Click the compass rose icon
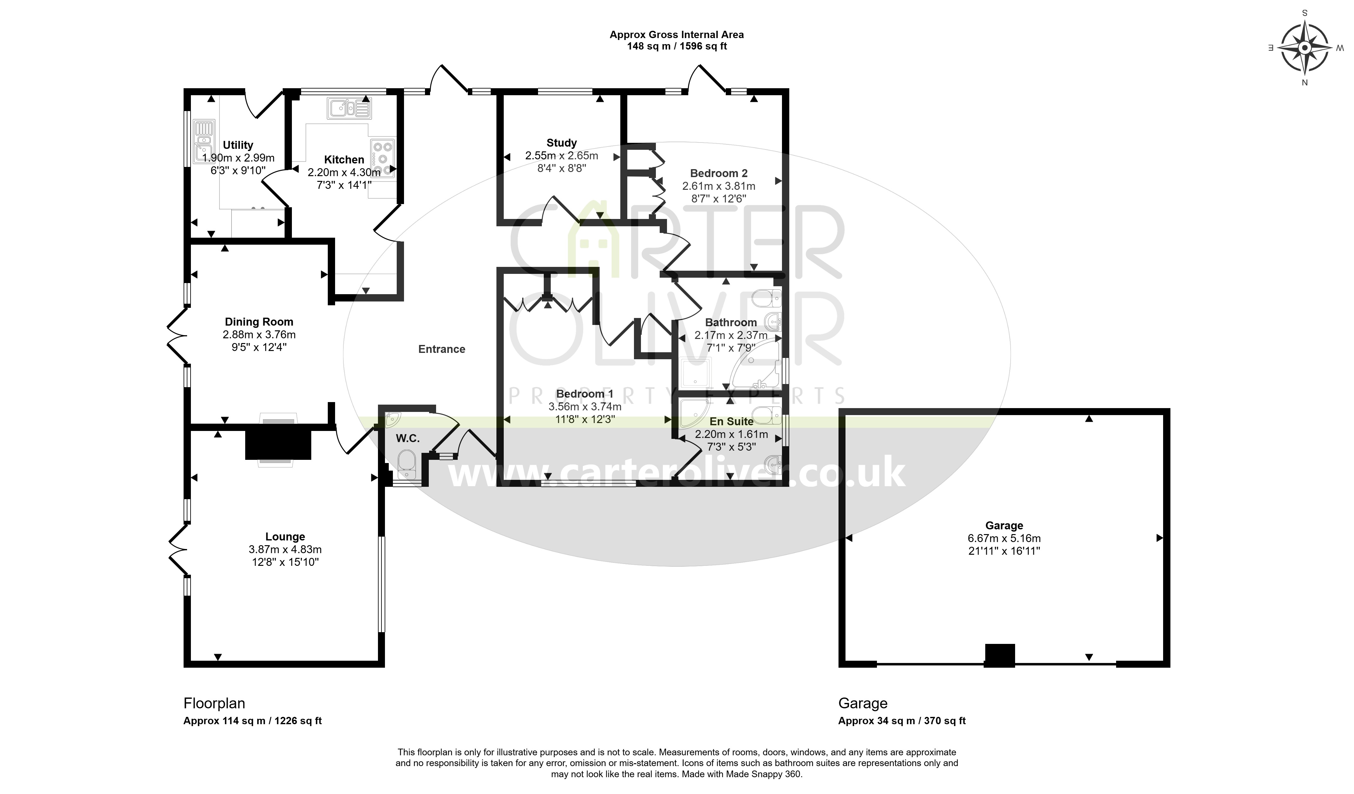[1304, 48]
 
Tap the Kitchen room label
[344, 159]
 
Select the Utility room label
[238, 145]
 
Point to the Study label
[562, 143]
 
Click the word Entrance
[442, 349]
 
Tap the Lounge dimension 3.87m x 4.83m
[285, 549]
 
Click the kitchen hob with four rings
[382, 158]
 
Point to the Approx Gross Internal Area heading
[677, 35]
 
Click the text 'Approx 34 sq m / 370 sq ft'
[902, 721]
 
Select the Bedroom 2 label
[719, 173]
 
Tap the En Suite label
[731, 421]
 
